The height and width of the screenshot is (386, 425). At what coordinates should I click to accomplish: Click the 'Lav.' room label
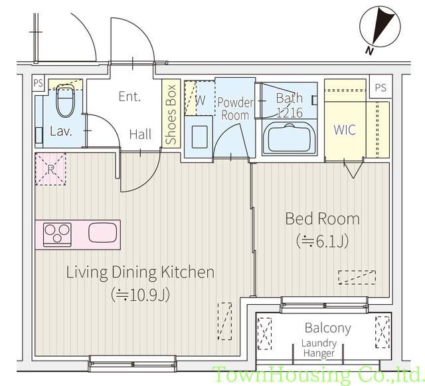coord(61,132)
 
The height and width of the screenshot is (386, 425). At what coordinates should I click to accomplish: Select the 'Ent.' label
coord(129,96)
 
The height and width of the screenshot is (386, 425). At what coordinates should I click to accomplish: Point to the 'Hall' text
coord(140,134)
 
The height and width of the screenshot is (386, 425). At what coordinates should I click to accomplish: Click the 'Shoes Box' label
coord(171,114)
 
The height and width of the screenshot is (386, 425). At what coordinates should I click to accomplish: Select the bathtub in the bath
coord(289,138)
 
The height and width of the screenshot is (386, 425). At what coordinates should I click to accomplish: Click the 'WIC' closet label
coord(343,130)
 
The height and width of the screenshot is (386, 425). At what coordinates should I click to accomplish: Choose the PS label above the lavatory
coord(39,85)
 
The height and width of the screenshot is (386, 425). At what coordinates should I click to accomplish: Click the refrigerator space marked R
coord(50,168)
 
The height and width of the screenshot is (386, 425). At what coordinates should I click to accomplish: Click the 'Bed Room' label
coord(322,218)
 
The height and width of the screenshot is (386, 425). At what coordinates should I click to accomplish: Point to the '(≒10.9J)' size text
coord(141,293)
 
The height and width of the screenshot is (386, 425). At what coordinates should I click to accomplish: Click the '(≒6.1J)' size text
coord(322,241)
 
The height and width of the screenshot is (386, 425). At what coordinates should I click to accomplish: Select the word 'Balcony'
coord(327,328)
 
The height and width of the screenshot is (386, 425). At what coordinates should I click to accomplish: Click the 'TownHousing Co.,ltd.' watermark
coord(317,375)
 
